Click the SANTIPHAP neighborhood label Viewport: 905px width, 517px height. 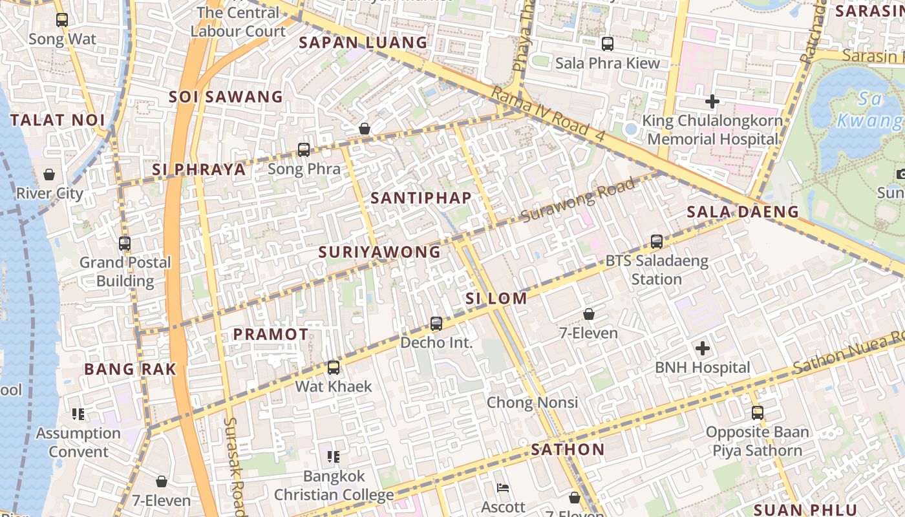pyautogui.click(x=421, y=198)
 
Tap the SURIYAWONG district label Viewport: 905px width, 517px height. pyautogui.click(x=379, y=252)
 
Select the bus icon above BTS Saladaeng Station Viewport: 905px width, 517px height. pyautogui.click(x=657, y=242)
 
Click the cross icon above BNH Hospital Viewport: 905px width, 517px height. pyautogui.click(x=703, y=349)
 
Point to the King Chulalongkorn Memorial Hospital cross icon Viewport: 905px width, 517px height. pyautogui.click(x=712, y=101)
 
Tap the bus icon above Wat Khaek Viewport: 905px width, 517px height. pyautogui.click(x=334, y=368)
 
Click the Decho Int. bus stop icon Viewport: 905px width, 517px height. pyautogui.click(x=436, y=324)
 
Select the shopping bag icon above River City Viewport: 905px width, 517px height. pyautogui.click(x=49, y=174)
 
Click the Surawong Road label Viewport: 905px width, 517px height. pyautogui.click(x=578, y=200)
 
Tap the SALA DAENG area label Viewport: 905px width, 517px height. pyautogui.click(x=743, y=212)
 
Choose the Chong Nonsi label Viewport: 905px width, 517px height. pyautogui.click(x=532, y=403)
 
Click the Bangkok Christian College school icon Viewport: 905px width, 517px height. pyautogui.click(x=334, y=458)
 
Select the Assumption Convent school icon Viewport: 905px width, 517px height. pyautogui.click(x=78, y=414)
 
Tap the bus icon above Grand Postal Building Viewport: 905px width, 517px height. pyautogui.click(x=125, y=244)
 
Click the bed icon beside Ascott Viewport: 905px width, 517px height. pyautogui.click(x=503, y=488)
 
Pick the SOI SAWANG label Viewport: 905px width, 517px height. pyautogui.click(x=226, y=98)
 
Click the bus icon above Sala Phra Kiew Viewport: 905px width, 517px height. pyautogui.click(x=608, y=44)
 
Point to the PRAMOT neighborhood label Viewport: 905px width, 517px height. pyautogui.click(x=271, y=334)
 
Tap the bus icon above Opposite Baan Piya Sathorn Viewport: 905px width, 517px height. pyautogui.click(x=758, y=412)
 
